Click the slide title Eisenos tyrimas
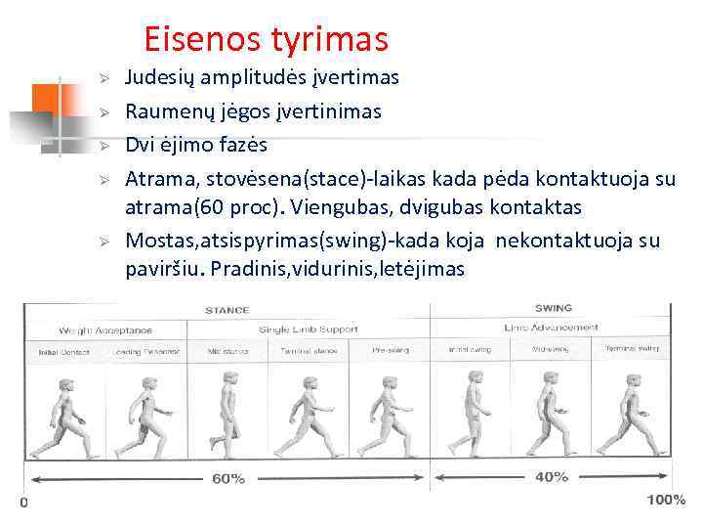click(x=266, y=39)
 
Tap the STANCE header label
click(x=227, y=310)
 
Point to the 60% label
click(x=228, y=479)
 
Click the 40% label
click(x=552, y=477)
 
